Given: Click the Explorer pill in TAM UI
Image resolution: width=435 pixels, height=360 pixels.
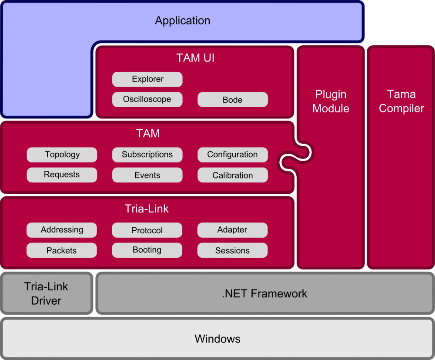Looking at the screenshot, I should [147, 79].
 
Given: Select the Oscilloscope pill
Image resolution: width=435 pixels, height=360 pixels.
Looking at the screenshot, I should [147, 99].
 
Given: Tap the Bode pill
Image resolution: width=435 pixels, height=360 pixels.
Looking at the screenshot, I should [232, 100].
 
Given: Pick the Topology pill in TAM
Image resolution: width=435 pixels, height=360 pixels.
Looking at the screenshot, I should [62, 155].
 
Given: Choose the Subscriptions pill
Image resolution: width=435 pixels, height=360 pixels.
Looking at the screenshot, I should [147, 155].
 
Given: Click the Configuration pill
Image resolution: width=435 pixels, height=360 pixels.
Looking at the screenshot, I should [232, 155].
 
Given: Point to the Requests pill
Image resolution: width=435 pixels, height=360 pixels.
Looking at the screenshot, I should [62, 175].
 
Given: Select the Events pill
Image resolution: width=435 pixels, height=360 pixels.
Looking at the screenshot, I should [147, 175].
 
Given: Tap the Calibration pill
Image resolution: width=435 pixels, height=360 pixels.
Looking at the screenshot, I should [232, 175].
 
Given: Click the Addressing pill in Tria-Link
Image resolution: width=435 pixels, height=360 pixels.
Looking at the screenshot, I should [62, 230].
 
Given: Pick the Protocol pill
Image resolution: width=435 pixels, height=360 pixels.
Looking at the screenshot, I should [147, 230].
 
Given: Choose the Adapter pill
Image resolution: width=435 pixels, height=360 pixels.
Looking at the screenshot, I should [232, 230].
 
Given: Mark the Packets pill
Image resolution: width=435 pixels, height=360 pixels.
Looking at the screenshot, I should [61, 250].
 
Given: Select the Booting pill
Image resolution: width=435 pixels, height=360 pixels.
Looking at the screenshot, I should [147, 250].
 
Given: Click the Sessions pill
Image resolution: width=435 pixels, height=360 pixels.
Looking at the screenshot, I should [232, 250].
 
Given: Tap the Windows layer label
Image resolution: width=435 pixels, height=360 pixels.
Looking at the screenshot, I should [217, 339].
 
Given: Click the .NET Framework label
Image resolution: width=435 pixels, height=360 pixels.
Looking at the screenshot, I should [264, 294].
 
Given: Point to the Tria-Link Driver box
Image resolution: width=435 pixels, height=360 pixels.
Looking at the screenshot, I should [46, 293].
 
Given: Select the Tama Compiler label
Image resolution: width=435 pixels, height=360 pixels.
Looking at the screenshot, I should [401, 101].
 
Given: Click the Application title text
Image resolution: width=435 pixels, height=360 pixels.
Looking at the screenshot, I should [183, 20].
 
